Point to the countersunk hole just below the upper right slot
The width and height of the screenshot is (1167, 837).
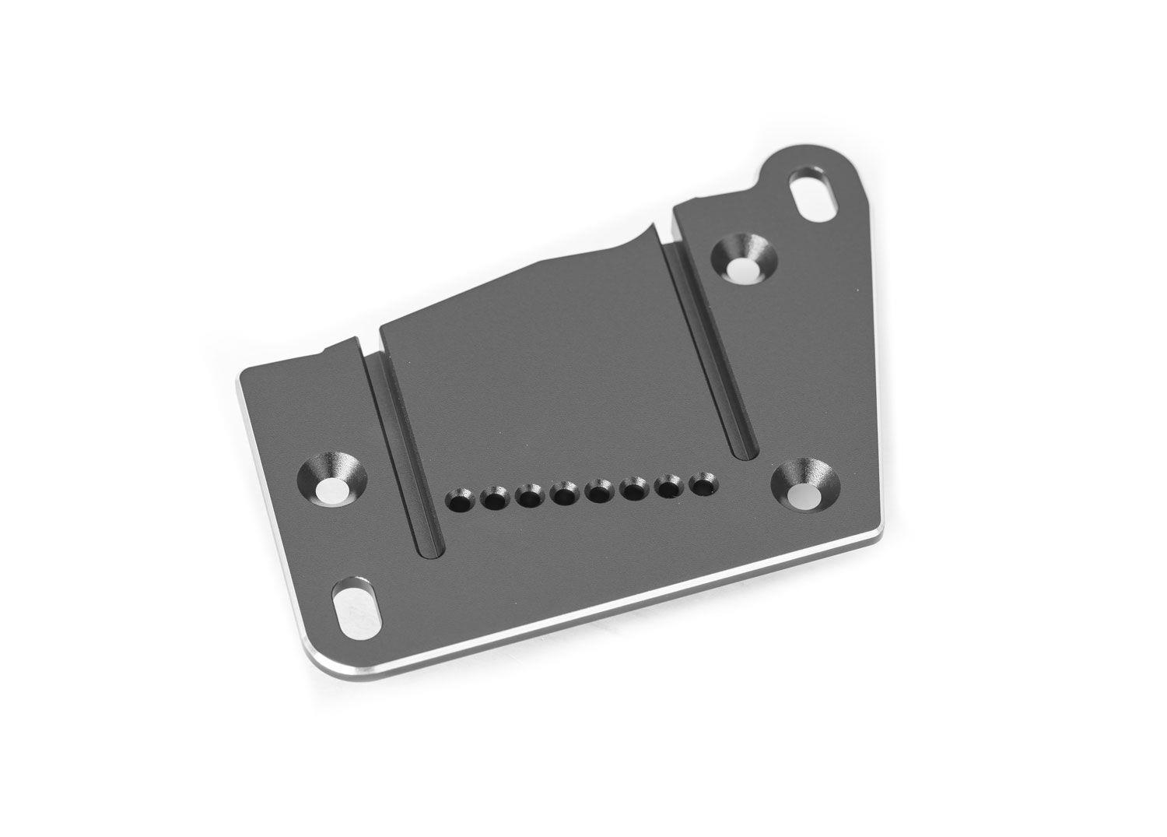745,262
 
